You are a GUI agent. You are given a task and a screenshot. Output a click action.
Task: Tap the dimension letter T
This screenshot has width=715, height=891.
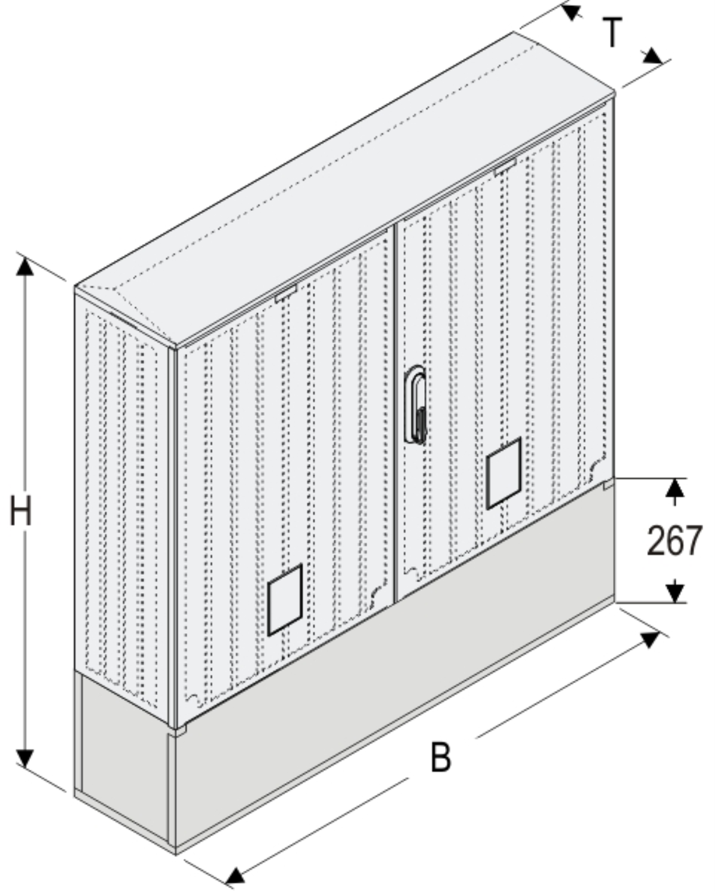point(613,32)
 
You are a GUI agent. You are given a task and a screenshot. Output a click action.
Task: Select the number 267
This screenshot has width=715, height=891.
point(674,540)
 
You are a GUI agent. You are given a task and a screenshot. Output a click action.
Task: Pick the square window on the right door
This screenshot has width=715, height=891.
point(503,473)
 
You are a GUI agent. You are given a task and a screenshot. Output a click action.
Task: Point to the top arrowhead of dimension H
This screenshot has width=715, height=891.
point(25,266)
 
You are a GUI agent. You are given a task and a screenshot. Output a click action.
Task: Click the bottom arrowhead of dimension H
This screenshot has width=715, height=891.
point(25,759)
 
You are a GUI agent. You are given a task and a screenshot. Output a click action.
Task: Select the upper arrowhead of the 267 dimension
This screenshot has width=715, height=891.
point(675,488)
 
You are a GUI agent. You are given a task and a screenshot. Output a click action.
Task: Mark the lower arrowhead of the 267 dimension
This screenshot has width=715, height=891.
point(675,593)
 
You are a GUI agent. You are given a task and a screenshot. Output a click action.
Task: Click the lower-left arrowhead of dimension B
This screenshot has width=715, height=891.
point(235,876)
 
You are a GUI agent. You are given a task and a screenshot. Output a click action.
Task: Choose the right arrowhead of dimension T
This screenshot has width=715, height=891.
point(653,56)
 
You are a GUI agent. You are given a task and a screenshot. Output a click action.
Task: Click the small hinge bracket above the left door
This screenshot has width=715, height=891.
point(286,293)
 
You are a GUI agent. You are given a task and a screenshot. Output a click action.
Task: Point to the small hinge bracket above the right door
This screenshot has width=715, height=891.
point(505,167)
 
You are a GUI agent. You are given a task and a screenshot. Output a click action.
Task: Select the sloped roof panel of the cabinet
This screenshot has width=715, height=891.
point(344,188)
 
